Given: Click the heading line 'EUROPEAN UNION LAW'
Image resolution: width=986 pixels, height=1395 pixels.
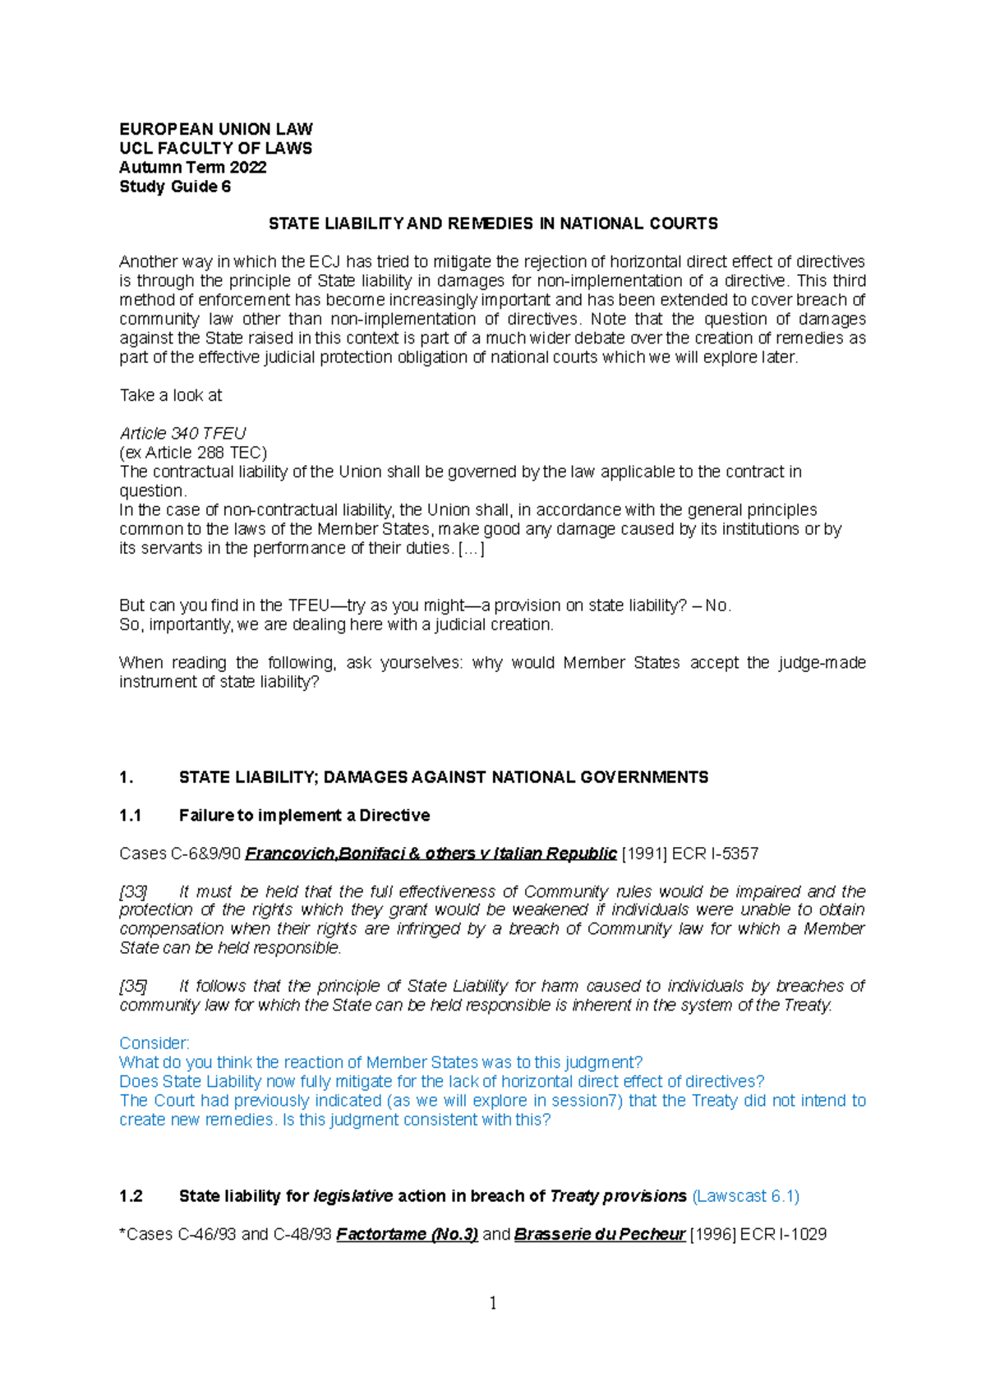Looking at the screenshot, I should pos(215,129).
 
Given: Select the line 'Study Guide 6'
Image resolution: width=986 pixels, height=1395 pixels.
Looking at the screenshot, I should pos(174,186).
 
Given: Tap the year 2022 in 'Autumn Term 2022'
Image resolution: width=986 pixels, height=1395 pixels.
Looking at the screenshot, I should pos(248,168).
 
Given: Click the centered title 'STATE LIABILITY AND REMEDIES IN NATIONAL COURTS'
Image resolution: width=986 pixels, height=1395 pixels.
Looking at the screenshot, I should pos(493,223).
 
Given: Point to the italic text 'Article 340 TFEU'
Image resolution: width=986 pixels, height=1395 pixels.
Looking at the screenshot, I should pos(182,433).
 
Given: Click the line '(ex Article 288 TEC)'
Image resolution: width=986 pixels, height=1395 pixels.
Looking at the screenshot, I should pos(193,453).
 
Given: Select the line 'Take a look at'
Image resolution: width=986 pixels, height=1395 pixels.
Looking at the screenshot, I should pos(170,395).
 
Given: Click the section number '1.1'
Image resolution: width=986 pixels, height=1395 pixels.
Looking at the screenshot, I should pos(130,815).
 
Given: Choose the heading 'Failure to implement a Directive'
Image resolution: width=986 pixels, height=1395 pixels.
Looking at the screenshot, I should pos(304,815).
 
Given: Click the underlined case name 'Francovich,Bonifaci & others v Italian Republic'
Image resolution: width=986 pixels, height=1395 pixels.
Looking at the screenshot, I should pos(431,854).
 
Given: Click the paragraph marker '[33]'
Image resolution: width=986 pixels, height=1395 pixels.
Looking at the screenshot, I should pos(133,891).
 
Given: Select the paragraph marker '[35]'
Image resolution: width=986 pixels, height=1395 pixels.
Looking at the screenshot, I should pos(133,986).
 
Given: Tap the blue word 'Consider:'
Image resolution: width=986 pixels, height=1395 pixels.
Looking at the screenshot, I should pos(154,1043).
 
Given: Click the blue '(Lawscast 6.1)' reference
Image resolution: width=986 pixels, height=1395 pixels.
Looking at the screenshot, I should pos(746,1196).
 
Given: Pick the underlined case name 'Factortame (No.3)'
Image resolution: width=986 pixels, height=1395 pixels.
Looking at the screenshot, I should pos(407,1234).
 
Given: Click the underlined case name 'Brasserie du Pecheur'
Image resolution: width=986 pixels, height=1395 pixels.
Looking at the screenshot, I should pos(599,1234).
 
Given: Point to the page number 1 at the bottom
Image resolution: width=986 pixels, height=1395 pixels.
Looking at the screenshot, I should pos(493,1303).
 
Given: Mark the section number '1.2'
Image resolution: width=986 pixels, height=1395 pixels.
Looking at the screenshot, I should pos(131,1196).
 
